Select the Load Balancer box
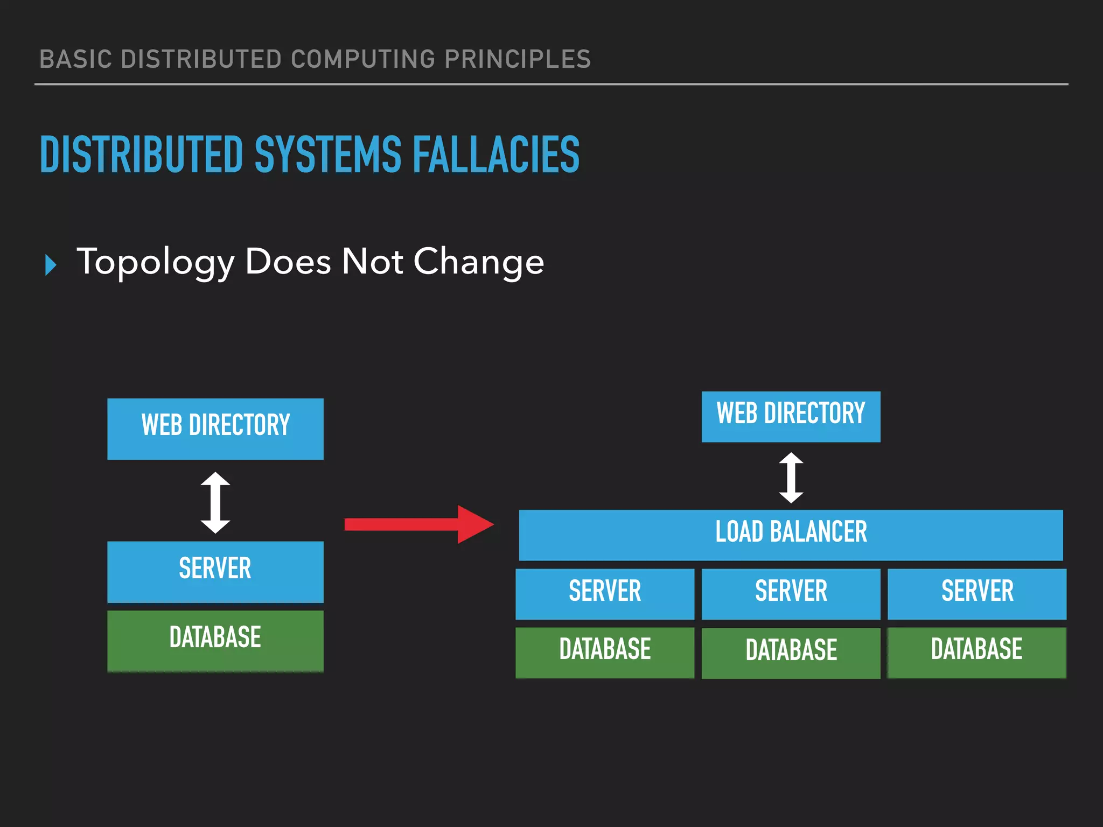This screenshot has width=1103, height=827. tap(791, 535)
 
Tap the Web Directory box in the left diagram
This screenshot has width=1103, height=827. tap(215, 429)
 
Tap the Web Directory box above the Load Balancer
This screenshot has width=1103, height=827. tap(791, 416)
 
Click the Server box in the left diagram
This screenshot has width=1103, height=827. tap(215, 571)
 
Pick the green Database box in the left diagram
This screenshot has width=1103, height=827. tap(215, 640)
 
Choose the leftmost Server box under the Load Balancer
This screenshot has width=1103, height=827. tap(605, 593)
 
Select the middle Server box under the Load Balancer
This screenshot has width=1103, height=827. tap(791, 593)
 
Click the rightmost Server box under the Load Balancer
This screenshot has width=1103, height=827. tap(977, 593)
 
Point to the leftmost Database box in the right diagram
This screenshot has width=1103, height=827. tap(605, 652)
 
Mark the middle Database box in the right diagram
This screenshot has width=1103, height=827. tap(791, 653)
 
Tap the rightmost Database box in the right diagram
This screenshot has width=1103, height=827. tap(977, 652)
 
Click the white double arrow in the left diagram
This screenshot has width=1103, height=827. tap(215, 502)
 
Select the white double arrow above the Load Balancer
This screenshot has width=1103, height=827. tap(791, 478)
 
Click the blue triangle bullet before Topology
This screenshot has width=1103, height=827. tap(51, 265)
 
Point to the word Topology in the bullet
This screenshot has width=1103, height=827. tap(156, 263)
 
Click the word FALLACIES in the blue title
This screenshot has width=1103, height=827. tap(496, 155)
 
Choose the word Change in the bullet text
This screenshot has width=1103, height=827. tap(479, 263)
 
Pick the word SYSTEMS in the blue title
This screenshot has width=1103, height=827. tap(328, 155)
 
